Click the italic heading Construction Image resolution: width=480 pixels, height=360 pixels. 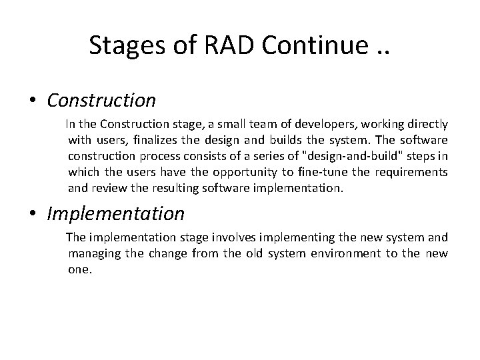coord(101,100)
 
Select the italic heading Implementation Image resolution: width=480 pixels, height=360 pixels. coord(115,213)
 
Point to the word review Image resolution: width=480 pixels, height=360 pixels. coord(108,189)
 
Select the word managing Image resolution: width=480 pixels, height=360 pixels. coord(92,254)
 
